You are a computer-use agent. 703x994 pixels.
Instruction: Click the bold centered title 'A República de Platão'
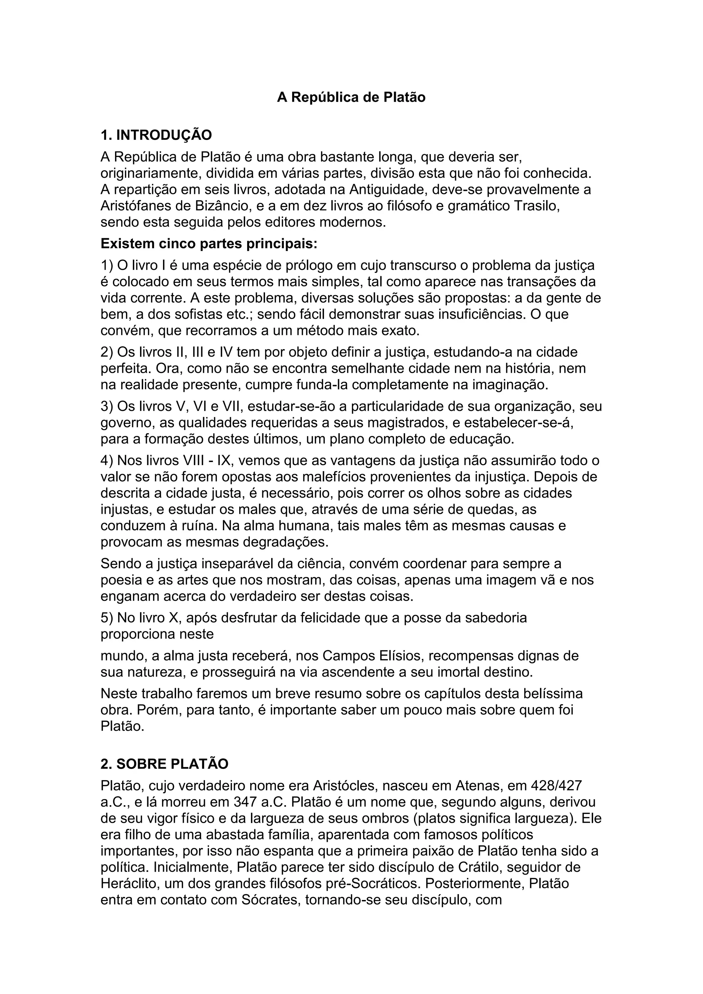coord(351,97)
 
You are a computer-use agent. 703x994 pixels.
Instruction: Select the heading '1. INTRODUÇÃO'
coord(156,135)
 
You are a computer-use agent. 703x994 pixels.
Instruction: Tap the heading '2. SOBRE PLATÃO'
coord(164,764)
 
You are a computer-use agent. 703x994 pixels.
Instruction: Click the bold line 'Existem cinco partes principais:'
coord(209,244)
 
